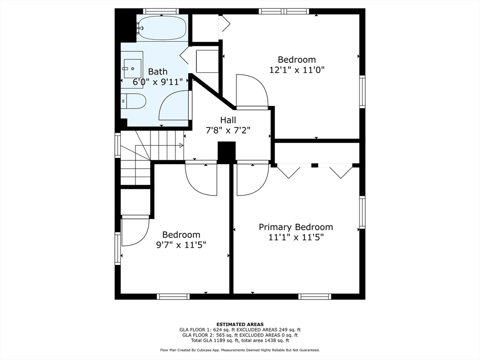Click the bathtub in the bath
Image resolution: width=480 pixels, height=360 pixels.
click(x=162, y=28)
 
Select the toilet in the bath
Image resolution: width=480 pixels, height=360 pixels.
click(x=133, y=101)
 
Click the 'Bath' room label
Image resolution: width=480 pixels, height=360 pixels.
click(x=157, y=72)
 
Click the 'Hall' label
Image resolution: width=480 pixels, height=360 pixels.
click(x=228, y=120)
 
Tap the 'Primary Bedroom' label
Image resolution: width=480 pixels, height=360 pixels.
click(x=296, y=227)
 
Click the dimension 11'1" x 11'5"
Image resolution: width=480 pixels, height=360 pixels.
click(x=296, y=237)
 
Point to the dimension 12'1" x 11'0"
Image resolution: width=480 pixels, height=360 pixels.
click(x=297, y=70)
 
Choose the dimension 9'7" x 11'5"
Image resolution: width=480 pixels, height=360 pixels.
click(x=181, y=245)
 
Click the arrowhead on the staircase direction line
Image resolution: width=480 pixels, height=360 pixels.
click(x=181, y=145)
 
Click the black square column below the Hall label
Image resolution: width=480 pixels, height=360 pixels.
click(x=226, y=152)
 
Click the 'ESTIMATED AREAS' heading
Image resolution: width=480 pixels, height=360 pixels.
click(x=240, y=324)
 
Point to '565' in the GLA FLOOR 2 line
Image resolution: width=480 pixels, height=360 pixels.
click(x=219, y=335)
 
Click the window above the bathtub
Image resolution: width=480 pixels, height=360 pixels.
click(x=161, y=11)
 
